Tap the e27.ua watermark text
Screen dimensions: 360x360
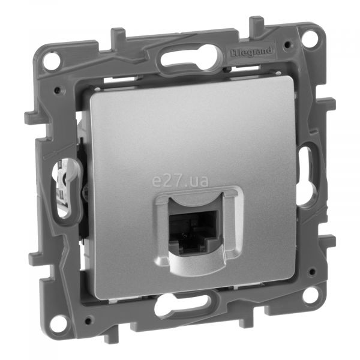click(180, 181)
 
